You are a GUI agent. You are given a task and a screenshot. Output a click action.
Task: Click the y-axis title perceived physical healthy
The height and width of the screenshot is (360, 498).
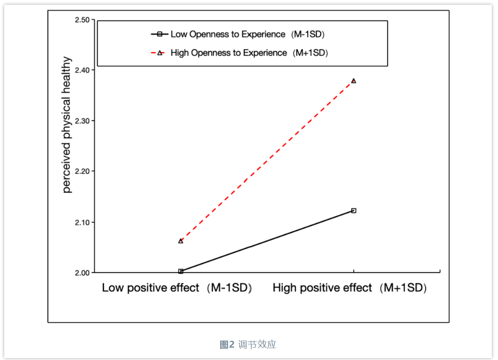pos(67,125)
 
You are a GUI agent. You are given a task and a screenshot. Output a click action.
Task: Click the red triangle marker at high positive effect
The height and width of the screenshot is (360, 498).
pos(354,81)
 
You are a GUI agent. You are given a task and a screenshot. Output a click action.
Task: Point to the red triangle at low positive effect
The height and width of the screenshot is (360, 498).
pos(180,241)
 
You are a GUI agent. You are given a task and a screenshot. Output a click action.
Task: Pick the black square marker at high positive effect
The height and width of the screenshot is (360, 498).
pos(354,210)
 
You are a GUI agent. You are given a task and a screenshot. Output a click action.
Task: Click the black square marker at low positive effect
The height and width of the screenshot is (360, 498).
pos(180,271)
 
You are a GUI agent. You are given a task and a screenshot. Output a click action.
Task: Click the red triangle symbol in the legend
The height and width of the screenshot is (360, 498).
pos(160,53)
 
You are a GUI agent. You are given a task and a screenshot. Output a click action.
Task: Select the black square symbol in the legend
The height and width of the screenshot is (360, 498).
pos(160,34)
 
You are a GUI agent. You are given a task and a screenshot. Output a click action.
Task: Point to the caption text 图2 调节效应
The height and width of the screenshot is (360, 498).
pos(248,344)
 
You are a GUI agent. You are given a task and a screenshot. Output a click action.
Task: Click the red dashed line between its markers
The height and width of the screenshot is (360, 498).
pos(267,161)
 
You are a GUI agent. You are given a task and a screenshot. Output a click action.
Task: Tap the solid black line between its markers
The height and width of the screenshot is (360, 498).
pos(267,241)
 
